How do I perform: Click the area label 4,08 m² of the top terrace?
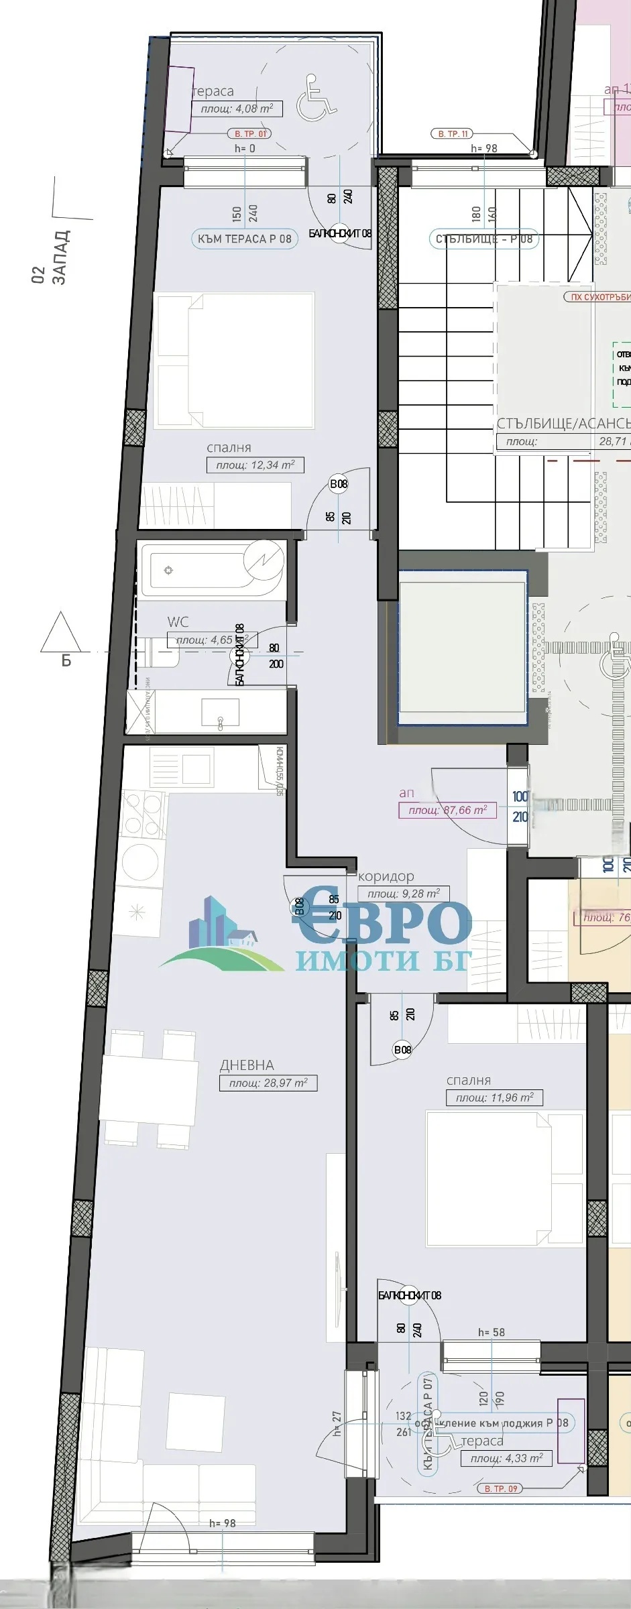(x=237, y=109)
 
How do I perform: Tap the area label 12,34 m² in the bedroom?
(x=255, y=465)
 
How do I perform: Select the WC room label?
(x=178, y=621)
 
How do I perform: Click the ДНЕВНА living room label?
(x=247, y=1065)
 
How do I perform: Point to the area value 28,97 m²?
(x=268, y=1083)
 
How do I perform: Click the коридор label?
(x=386, y=876)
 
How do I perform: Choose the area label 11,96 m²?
(x=495, y=1097)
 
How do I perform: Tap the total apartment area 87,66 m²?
(x=448, y=810)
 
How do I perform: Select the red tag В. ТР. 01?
(x=250, y=133)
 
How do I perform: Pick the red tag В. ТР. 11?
(x=453, y=133)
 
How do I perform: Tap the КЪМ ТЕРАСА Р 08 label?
(x=244, y=239)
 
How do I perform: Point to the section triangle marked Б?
(x=61, y=634)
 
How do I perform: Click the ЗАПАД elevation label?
(x=60, y=258)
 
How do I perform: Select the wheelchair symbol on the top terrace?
(x=317, y=99)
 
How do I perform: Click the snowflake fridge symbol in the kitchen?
(x=137, y=911)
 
